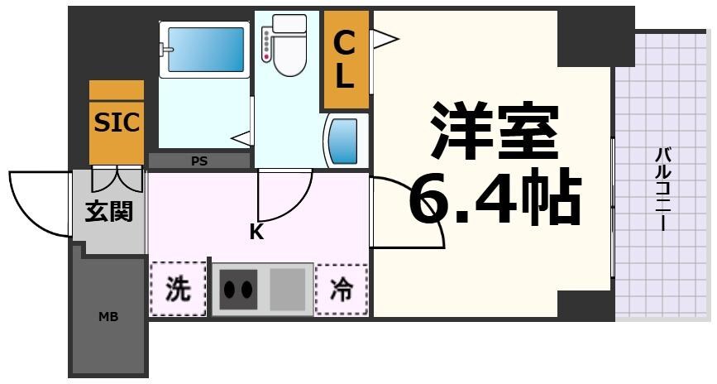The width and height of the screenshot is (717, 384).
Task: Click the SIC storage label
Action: click(117, 122)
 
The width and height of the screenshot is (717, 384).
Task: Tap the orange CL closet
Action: click(345, 60)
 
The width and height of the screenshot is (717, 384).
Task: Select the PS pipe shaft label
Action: click(199, 161)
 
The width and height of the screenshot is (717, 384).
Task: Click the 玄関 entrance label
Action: click(108, 212)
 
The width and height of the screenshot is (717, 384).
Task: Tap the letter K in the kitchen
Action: click(256, 233)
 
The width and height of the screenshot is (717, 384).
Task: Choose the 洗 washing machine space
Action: click(178, 289)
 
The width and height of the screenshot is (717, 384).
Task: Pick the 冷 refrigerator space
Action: click(341, 290)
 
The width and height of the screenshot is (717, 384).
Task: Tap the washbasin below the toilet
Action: click(343, 141)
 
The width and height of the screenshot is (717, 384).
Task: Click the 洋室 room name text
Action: click(494, 131)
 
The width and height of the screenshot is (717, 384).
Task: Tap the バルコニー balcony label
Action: click(662, 189)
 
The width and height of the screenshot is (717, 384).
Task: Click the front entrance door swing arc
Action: click(37, 203)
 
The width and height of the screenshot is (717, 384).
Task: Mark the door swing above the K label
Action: click(284, 194)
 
